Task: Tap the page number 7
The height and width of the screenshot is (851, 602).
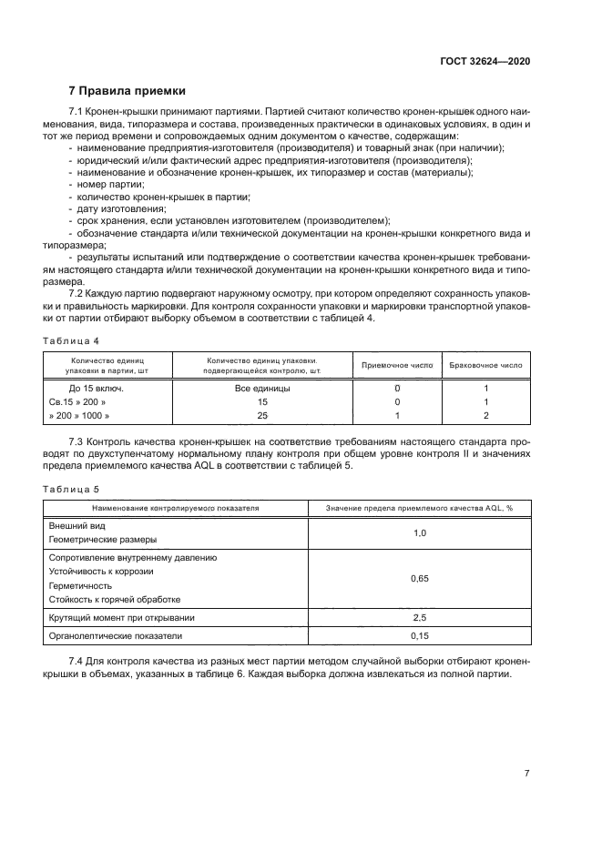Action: tap(526, 773)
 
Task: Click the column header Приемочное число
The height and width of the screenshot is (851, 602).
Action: tap(396, 364)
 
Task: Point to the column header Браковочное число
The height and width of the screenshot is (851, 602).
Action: tap(485, 364)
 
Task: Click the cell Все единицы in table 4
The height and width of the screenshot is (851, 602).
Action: tap(262, 388)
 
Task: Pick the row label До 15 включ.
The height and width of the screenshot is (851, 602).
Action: tap(86, 388)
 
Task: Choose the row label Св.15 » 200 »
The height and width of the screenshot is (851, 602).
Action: tap(77, 401)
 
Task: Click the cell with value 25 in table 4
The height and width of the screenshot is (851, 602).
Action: tap(262, 415)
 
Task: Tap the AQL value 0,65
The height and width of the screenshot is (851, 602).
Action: tap(419, 578)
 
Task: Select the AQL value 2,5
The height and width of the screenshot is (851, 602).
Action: tap(419, 617)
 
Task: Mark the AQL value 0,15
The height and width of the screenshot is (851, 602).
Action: tap(419, 634)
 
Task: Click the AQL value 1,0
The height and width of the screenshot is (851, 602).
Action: tap(419, 532)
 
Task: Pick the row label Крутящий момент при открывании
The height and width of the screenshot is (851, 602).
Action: tap(121, 617)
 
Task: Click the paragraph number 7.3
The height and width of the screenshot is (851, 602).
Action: tap(78, 441)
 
